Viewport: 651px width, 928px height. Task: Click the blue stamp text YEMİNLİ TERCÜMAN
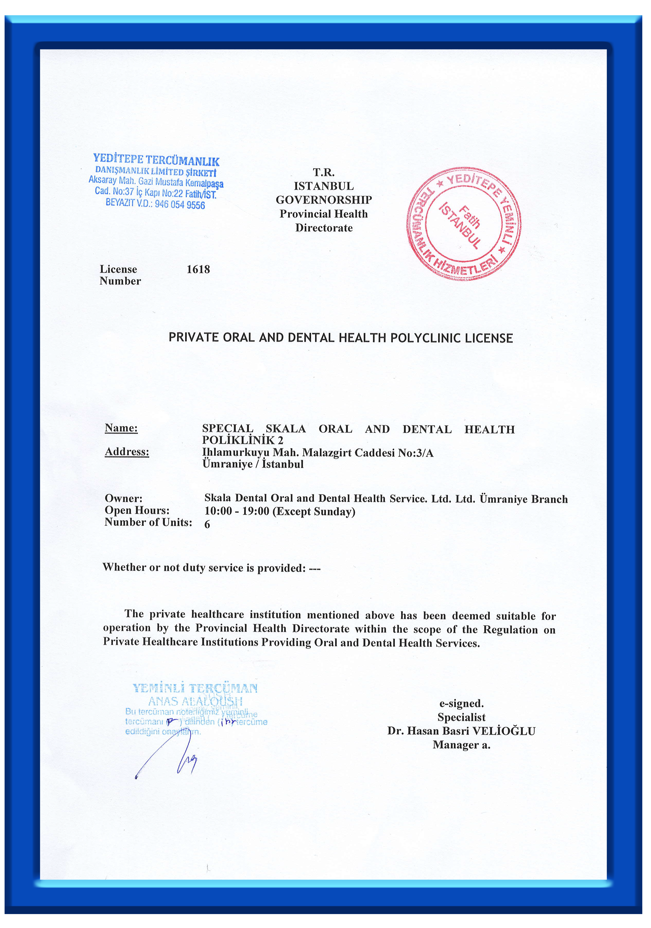(x=195, y=688)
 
